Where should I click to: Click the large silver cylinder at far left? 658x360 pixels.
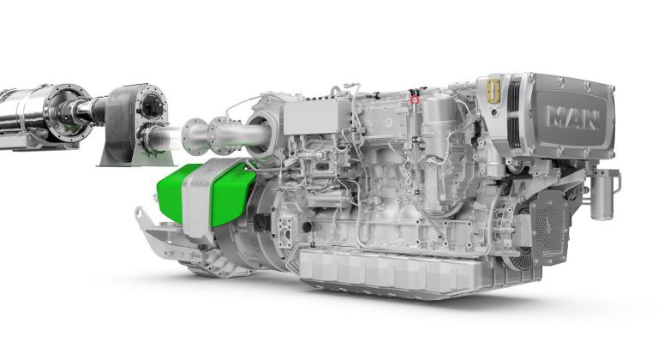(x=26, y=118)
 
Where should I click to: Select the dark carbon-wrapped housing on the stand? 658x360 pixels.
(x=120, y=120)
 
